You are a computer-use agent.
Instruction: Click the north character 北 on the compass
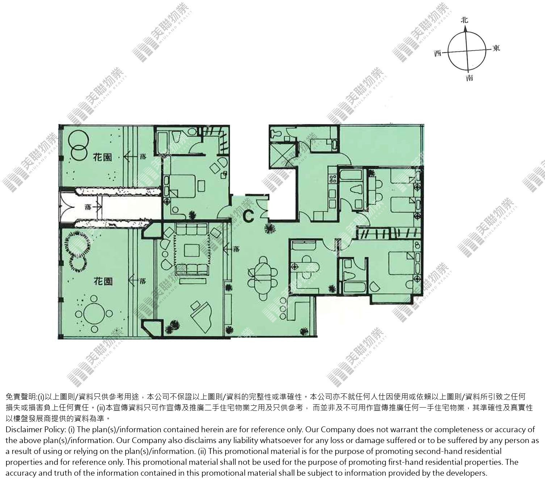465,20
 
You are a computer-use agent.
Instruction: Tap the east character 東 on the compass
496,48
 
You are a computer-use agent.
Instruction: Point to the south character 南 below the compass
469,78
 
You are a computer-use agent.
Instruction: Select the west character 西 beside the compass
438,54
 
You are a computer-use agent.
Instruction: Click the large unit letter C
249,216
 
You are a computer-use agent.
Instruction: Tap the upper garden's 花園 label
102,157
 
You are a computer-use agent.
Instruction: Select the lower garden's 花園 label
103,281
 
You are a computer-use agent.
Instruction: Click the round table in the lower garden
94,314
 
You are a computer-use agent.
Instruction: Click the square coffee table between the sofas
192,250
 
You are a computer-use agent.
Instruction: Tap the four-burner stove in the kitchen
333,179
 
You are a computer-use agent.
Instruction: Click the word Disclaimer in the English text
20,429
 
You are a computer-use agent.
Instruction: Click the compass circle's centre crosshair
467,51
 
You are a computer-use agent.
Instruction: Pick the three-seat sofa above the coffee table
192,229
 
